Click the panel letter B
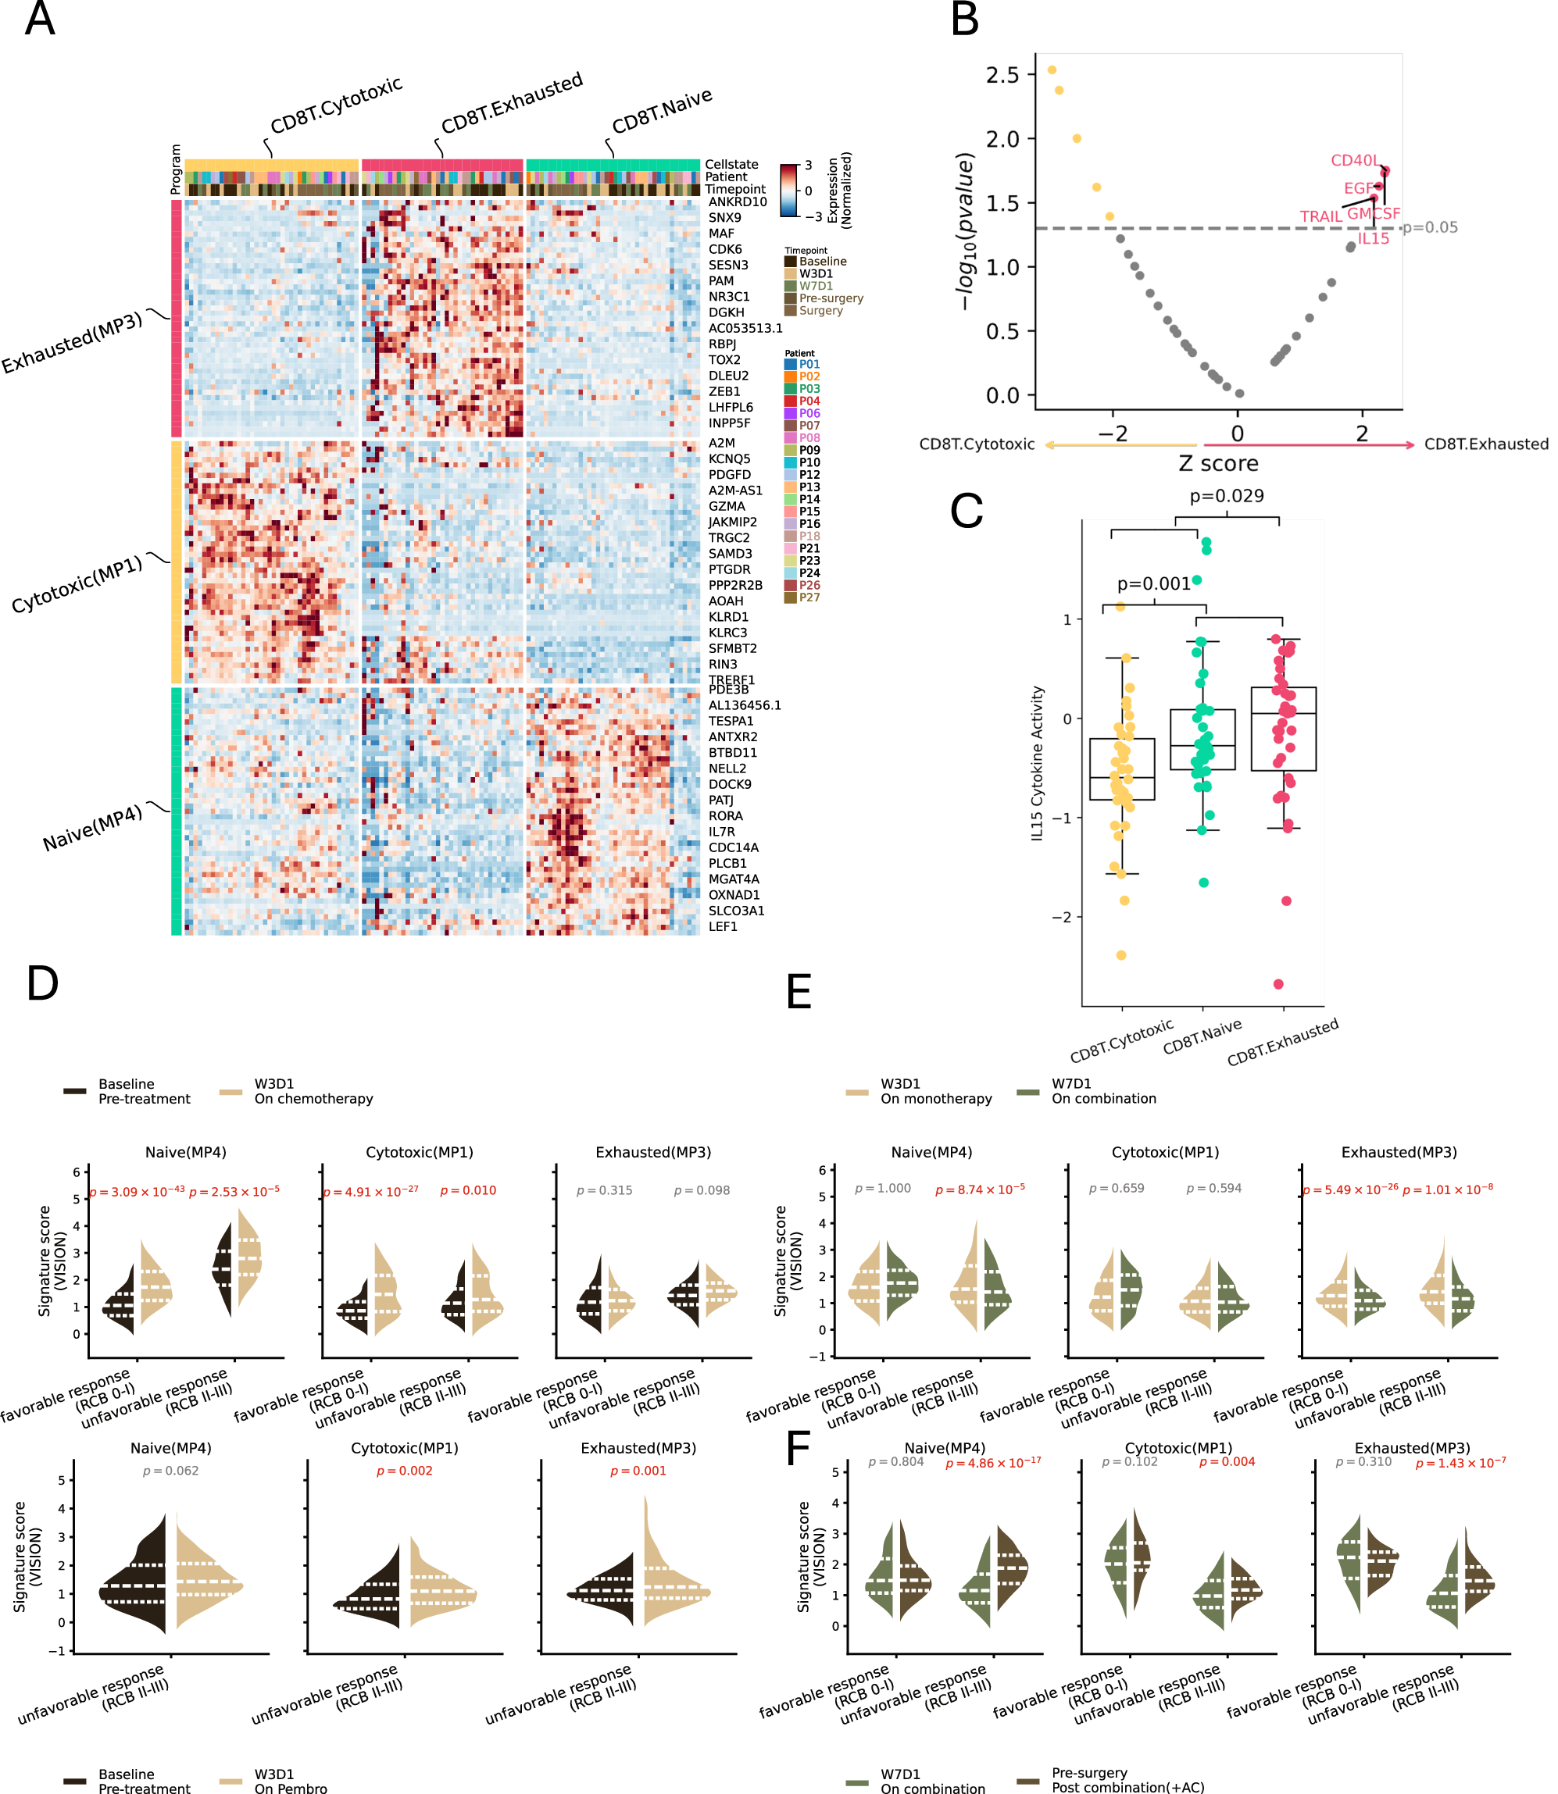[965, 19]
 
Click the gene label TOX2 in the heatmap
[724, 360]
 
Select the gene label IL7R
[724, 832]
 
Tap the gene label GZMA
[726, 506]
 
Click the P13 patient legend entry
[809, 487]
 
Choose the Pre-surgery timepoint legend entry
[831, 298]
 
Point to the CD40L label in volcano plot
[1354, 160]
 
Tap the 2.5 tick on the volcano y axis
[1002, 76]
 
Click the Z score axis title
[1218, 463]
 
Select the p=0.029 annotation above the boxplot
[1227, 495]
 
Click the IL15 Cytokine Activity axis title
[1036, 763]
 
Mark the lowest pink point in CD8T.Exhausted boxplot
[1278, 984]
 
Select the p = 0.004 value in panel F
[1227, 1462]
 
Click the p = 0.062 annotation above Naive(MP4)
[170, 1471]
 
